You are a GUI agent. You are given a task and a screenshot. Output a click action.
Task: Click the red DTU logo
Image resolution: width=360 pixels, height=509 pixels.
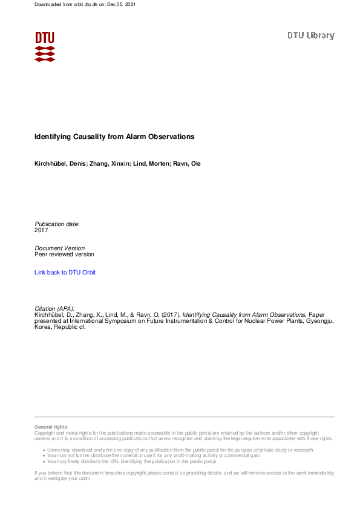tap(45, 46)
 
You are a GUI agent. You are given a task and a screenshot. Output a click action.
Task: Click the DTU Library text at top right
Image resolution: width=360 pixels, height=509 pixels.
tap(310, 36)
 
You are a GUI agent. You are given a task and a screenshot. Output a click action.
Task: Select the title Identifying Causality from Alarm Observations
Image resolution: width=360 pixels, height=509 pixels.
tap(114, 137)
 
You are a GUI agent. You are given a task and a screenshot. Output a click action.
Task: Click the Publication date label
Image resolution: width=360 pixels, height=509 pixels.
tap(57, 224)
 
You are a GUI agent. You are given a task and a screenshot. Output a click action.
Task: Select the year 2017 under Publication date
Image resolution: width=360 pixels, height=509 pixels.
tap(41, 230)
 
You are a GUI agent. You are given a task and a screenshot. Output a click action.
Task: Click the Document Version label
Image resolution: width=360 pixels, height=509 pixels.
tap(60, 248)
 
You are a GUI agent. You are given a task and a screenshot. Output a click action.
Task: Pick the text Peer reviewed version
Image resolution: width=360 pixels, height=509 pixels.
tap(64, 254)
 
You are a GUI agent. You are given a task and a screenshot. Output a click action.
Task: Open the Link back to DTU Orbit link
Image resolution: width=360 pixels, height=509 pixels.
tap(65, 273)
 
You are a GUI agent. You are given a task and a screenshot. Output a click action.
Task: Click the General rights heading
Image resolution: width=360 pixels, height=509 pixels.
tap(51, 427)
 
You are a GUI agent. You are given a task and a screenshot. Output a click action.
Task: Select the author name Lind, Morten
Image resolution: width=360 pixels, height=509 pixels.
tap(146, 164)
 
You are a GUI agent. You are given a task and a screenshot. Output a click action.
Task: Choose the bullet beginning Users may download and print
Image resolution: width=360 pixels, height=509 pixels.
tap(180, 450)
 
